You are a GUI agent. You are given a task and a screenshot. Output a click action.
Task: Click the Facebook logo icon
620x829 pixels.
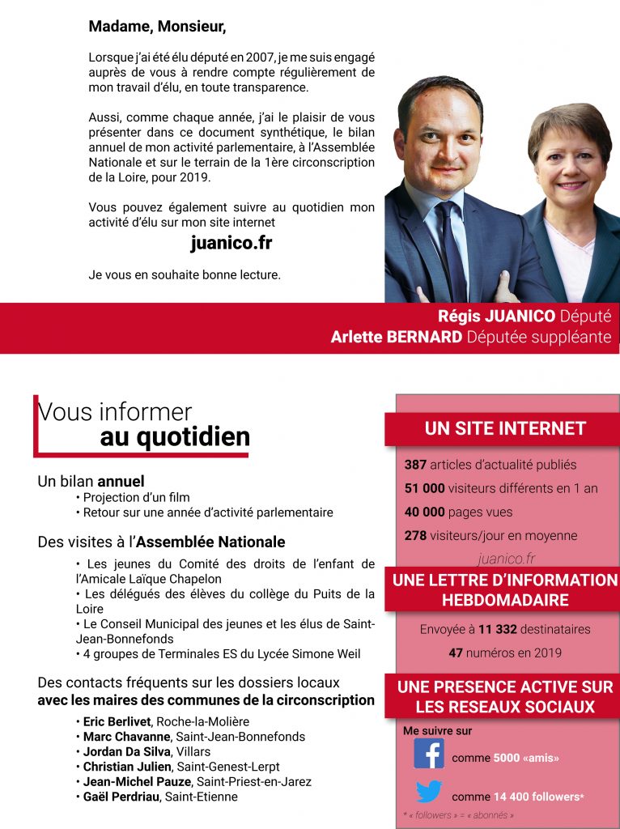click(x=429, y=753)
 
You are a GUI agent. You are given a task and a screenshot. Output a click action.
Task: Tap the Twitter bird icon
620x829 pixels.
click(x=429, y=793)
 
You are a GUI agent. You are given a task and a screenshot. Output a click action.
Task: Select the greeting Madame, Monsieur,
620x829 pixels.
click(x=157, y=27)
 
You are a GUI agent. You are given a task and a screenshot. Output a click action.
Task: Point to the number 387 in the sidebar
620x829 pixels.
click(x=415, y=465)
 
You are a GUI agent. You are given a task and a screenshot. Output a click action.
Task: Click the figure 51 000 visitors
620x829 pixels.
click(x=425, y=488)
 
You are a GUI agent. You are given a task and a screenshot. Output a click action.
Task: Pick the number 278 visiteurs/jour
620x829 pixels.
click(x=415, y=535)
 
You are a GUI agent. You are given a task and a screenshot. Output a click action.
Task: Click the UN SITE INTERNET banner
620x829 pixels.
click(x=505, y=428)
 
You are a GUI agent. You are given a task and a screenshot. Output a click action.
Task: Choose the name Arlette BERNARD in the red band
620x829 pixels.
click(x=396, y=337)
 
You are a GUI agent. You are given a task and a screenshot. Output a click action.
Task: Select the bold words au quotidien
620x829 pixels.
click(x=175, y=437)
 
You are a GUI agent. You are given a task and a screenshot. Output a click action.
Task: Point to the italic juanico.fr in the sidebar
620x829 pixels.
click(x=506, y=559)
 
